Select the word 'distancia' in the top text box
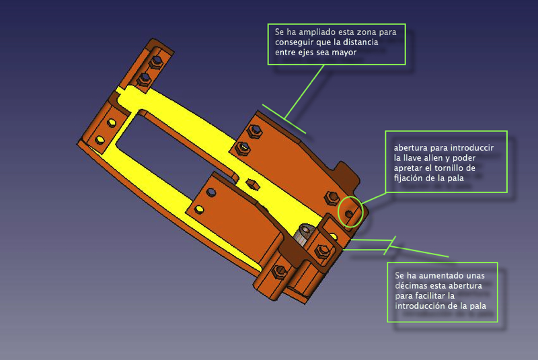click(360, 42)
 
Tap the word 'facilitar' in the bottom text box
click(430, 295)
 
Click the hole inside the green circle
click(348, 214)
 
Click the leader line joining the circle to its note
click(373, 198)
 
